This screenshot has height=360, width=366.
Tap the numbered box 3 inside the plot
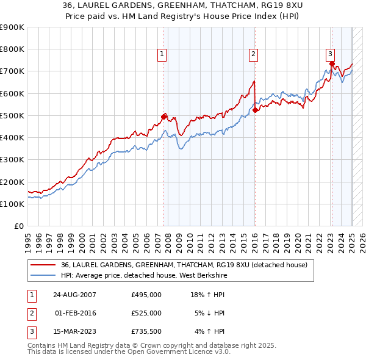tap(330, 53)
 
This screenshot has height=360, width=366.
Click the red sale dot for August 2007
tap(163, 116)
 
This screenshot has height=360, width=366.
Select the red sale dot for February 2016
tap(255, 110)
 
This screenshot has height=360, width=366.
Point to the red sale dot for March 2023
tap(331, 63)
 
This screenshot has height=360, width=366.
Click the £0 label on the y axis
tap(18, 226)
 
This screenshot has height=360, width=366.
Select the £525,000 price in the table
tap(146, 313)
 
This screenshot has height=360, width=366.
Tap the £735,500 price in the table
tap(146, 332)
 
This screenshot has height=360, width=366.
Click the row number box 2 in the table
tap(30, 313)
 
